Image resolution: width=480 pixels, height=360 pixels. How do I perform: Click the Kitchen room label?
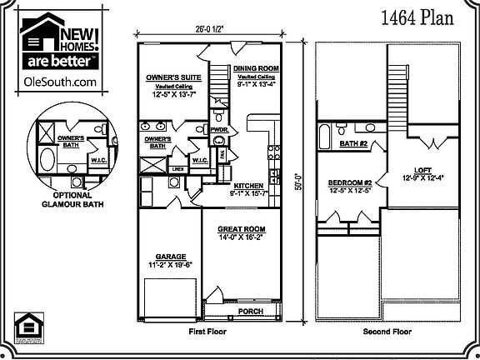click(x=250, y=185)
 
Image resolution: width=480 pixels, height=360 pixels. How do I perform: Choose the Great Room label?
click(x=241, y=228)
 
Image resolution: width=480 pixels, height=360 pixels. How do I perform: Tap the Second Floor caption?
click(x=387, y=332)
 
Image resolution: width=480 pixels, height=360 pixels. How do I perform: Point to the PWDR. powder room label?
click(x=221, y=130)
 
